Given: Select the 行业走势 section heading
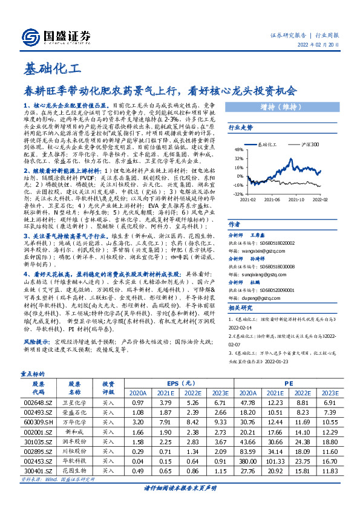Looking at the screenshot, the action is coord(240,128).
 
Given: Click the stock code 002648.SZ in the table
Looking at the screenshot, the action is coord(38,401).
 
